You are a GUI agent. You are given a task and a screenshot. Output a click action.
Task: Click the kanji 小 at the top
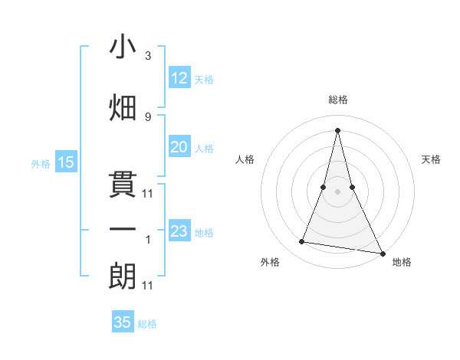pos(123,47)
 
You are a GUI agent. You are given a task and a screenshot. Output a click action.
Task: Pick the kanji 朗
pos(123,276)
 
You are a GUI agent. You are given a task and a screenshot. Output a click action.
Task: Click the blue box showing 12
pos(179,78)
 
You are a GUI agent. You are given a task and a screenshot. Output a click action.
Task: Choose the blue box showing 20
pos(179,148)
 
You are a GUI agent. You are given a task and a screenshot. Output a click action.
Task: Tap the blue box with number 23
pos(179,232)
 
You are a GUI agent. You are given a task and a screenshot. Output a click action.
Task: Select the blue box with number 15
pos(65,162)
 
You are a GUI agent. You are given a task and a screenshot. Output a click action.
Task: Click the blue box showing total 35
pos(123,322)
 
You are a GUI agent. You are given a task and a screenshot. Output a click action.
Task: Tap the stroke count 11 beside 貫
pos(148,194)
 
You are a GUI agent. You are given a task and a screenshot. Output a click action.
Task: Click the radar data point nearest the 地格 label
pos(382,253)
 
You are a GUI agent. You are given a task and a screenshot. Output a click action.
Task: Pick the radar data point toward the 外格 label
pos(302,242)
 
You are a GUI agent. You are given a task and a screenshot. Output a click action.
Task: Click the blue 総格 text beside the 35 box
pos(147,324)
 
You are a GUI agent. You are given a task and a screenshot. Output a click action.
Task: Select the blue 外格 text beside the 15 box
pos(41,163)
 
